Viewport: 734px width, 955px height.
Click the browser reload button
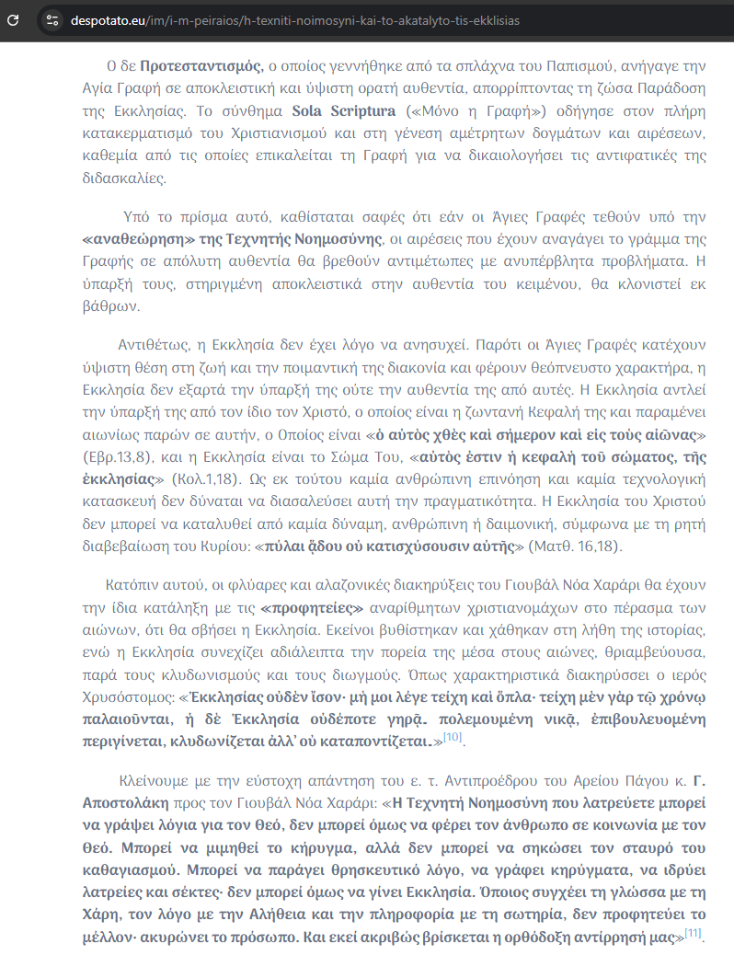14,19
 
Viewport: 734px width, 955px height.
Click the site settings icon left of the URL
52,19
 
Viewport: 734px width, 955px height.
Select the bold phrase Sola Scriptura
344,111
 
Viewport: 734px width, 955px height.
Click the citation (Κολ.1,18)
201,479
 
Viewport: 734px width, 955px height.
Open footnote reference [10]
453,738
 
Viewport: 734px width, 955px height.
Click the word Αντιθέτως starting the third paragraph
152,345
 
